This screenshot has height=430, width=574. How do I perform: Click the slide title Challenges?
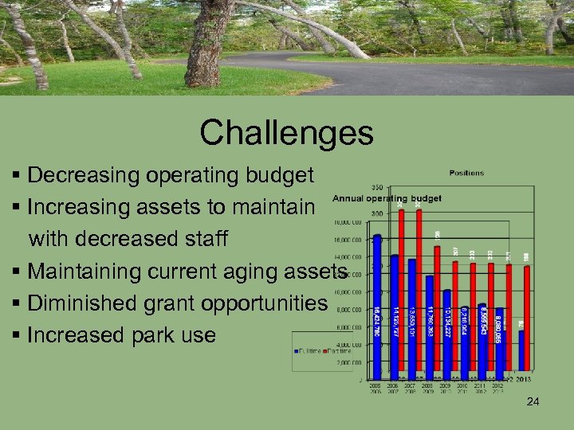(286, 132)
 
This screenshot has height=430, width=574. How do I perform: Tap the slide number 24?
(533, 402)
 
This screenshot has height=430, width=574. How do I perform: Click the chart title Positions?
(466, 173)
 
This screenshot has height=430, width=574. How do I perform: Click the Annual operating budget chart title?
(387, 198)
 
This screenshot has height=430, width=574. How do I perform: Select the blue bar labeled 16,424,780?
(377, 303)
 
